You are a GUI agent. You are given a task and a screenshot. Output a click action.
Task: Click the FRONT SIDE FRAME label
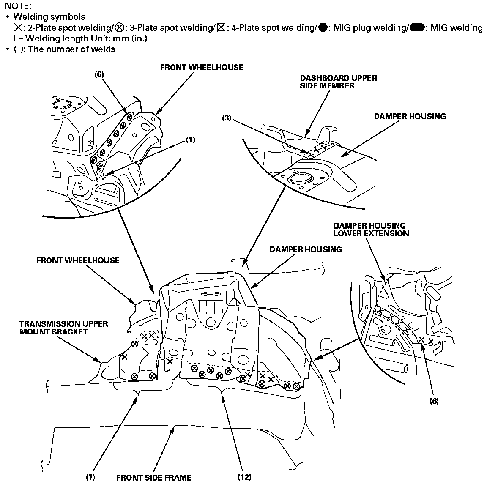[153, 478]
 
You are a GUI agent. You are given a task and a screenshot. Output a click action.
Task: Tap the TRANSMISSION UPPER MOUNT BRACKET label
[64, 328]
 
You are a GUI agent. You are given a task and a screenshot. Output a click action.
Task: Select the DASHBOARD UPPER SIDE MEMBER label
[338, 82]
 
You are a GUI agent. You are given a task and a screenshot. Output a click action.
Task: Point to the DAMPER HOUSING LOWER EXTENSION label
[371, 229]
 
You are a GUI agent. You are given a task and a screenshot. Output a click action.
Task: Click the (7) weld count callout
[90, 478]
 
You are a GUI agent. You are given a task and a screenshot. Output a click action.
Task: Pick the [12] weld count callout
[244, 478]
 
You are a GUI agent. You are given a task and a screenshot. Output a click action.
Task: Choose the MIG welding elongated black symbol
[417, 28]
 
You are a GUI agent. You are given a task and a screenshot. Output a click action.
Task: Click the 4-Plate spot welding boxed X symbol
[221, 28]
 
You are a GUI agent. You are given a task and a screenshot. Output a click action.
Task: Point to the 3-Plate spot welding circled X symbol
[120, 28]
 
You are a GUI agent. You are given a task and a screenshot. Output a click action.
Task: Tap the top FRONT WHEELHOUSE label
[201, 67]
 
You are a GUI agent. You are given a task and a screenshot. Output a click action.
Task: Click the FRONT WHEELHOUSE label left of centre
[78, 260]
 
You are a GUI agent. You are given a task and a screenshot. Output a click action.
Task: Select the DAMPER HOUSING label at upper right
[410, 116]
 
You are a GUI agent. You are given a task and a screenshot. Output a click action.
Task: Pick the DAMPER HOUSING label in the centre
[305, 249]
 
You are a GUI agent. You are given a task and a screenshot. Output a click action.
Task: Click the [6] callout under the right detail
[434, 401]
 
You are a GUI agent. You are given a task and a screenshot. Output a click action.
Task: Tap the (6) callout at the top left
[99, 74]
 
